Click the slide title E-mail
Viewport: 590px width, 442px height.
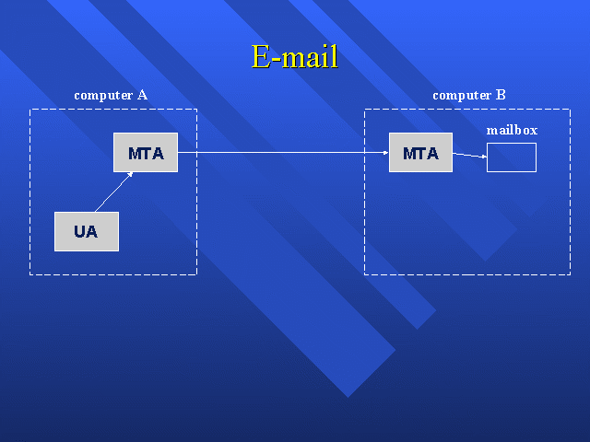point(295,57)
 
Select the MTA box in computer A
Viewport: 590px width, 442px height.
point(146,153)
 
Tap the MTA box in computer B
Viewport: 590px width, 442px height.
point(420,153)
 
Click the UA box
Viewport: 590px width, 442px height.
point(86,231)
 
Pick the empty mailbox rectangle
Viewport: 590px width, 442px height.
point(511,157)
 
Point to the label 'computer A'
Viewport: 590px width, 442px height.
point(111,95)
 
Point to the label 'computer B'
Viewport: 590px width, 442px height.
point(469,95)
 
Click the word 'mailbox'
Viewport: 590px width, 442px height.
point(512,131)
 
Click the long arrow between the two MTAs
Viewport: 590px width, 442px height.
point(281,152)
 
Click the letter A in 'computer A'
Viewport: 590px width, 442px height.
point(142,95)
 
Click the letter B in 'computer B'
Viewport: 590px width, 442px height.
point(501,95)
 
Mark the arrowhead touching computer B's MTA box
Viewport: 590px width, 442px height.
point(384,152)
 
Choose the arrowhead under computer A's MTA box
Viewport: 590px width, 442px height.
point(131,175)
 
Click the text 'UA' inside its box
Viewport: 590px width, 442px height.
point(86,231)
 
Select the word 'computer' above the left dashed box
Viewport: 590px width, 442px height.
point(103,95)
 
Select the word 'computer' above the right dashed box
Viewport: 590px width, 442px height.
point(462,95)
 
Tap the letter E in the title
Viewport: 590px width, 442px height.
point(261,57)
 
